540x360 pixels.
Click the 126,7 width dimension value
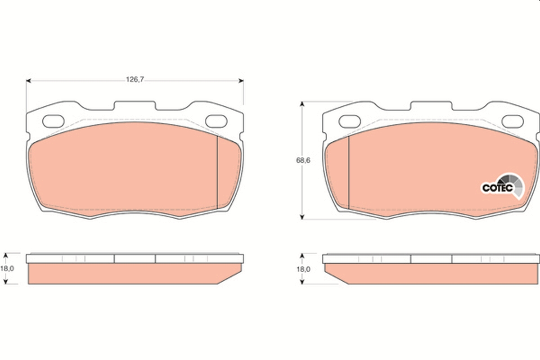(x=135, y=80)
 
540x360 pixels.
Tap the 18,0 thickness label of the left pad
(x=6, y=268)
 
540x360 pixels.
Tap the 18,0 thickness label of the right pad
(x=304, y=269)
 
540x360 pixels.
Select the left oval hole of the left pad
(x=54, y=121)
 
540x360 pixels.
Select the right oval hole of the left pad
(x=216, y=121)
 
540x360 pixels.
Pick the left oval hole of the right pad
(x=350, y=121)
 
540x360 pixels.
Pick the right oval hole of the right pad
(x=512, y=121)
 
